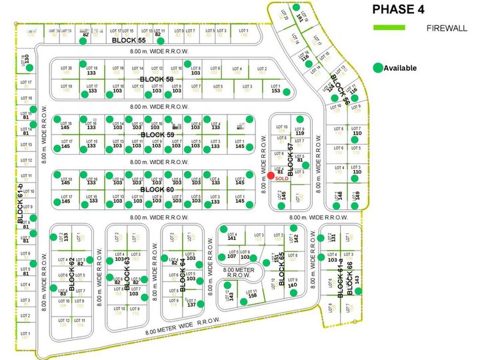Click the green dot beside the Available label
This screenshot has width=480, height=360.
click(x=378, y=67)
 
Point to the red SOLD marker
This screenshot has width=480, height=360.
click(x=271, y=175)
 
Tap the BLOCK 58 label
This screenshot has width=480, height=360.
click(x=156, y=79)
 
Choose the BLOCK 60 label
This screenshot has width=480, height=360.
click(x=156, y=189)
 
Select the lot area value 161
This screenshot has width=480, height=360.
click(x=307, y=18)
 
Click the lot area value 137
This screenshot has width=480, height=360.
click(x=191, y=304)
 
